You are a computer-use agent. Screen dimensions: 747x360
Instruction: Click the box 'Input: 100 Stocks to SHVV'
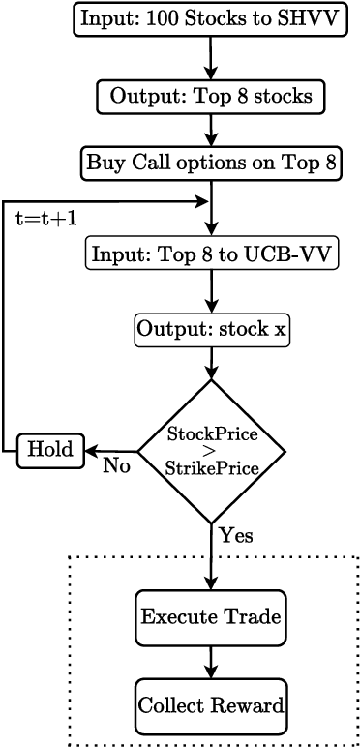(210, 18)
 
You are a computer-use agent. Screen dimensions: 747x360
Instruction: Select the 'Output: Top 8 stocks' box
(210, 97)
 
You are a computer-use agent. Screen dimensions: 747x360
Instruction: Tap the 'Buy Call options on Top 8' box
(210, 162)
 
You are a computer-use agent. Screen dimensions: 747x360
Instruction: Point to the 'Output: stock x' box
(211, 330)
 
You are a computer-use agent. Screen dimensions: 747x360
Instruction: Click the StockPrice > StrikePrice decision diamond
(211, 450)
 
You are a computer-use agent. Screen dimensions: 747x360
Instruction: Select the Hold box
(50, 450)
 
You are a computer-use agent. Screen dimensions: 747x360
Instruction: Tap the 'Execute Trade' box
(211, 616)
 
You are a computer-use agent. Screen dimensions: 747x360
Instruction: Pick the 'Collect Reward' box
(211, 705)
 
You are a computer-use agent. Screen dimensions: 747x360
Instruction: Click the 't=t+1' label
(47, 219)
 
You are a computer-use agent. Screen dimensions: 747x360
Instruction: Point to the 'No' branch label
(117, 466)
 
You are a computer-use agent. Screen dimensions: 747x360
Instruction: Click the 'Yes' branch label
(235, 534)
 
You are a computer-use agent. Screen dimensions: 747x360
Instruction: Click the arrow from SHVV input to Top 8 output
(210, 57)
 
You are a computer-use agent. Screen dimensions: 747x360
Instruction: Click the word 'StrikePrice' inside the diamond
(211, 468)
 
